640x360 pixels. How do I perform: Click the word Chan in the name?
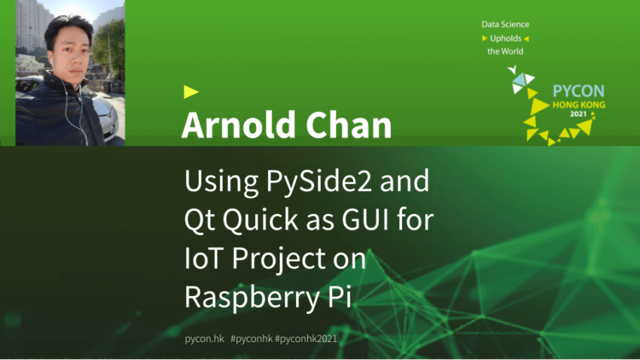click(349, 125)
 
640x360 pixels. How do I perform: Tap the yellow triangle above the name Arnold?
click(190, 92)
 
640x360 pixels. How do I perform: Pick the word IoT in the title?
click(203, 258)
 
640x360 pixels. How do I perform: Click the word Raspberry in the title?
click(251, 297)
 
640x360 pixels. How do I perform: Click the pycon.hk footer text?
click(205, 339)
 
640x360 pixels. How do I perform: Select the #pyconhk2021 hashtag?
click(306, 339)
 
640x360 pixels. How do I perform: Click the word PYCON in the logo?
click(578, 90)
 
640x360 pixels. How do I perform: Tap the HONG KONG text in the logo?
click(579, 105)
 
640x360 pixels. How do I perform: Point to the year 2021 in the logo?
click(578, 114)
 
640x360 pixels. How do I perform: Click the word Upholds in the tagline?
click(506, 38)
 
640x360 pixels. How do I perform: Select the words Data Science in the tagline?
click(505, 25)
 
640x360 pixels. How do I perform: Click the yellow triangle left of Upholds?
click(484, 38)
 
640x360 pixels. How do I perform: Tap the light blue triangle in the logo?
click(520, 80)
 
